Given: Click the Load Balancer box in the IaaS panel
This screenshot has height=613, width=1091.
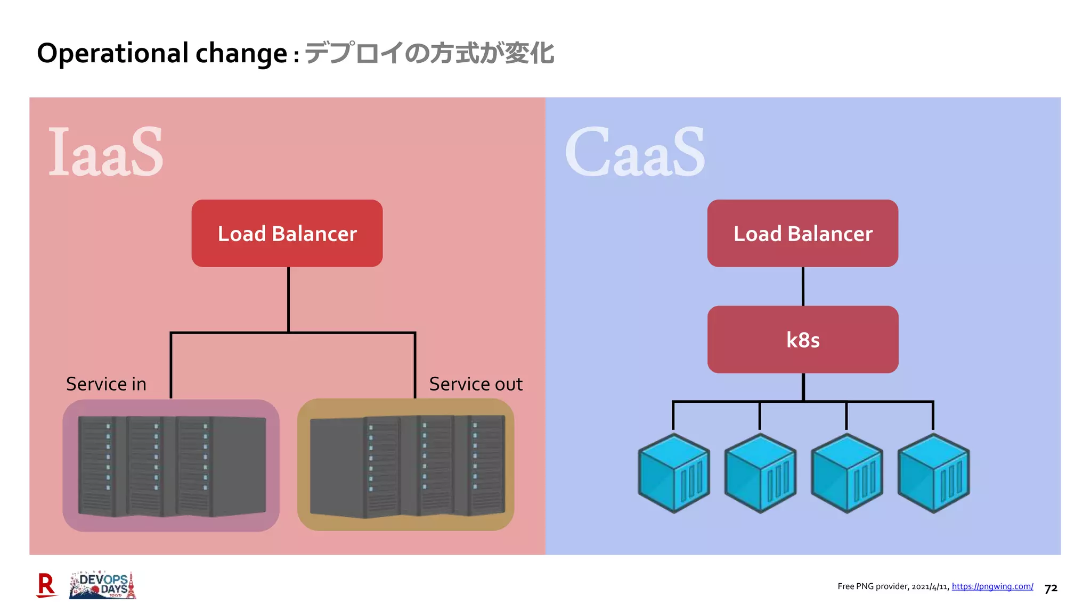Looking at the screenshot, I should pos(287,234).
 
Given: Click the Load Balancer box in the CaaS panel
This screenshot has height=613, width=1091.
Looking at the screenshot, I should pos(802,234).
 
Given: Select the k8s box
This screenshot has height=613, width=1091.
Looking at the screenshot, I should pos(802,339).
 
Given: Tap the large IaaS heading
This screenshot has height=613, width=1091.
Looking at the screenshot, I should pos(105,152).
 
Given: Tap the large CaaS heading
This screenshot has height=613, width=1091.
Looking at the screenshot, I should pos(634,152).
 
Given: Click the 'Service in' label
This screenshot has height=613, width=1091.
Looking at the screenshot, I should pos(106,384).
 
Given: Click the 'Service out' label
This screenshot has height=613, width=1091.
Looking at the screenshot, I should pos(476,384).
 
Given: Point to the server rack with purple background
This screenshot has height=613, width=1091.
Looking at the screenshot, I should pos(171,466).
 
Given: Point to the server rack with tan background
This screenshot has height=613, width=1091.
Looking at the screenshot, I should pos(405,465).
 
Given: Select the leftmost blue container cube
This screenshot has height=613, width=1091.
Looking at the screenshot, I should pos(674,473).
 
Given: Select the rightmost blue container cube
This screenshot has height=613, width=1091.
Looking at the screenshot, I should pos(933,473).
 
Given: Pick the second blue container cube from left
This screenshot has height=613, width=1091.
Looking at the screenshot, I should pos(760,473).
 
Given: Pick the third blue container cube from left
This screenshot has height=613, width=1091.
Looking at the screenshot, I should pos(846,473).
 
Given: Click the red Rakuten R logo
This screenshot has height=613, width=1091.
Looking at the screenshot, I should pos(46,585).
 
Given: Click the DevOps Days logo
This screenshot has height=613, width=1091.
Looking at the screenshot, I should pos(102,585).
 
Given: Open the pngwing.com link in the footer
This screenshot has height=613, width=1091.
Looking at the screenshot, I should pos(992,586).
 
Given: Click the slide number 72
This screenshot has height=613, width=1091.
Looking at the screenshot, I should pos(1051,589).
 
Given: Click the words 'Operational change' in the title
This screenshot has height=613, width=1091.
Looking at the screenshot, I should pos(162,53).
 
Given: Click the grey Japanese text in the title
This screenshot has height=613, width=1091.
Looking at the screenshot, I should pos(429,53).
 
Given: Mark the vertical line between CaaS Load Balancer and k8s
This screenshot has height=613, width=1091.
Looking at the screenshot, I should pos(803,286).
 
